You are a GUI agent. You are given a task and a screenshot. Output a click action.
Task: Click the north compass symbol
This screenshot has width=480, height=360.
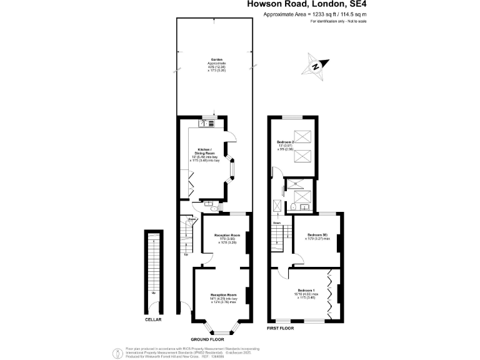pos(316,65)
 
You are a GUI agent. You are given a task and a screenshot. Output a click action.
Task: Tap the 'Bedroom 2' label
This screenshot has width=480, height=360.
pos(286,142)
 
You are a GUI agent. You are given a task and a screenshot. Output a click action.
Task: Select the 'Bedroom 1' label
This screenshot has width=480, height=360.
pos(305,291)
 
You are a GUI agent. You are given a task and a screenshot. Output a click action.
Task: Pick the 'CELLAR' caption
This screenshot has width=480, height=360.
pos(153,319)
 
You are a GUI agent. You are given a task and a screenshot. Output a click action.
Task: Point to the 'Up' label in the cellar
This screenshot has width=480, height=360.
pos(153,292)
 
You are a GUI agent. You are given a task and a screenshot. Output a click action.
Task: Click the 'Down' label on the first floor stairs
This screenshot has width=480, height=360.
pos(276,222)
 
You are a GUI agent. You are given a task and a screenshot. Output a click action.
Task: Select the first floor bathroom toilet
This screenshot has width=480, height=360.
pos(292,207)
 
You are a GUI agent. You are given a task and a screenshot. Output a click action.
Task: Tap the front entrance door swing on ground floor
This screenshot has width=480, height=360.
pos(184,309)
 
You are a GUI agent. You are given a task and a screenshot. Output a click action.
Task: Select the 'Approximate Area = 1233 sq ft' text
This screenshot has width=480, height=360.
pos(315,14)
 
